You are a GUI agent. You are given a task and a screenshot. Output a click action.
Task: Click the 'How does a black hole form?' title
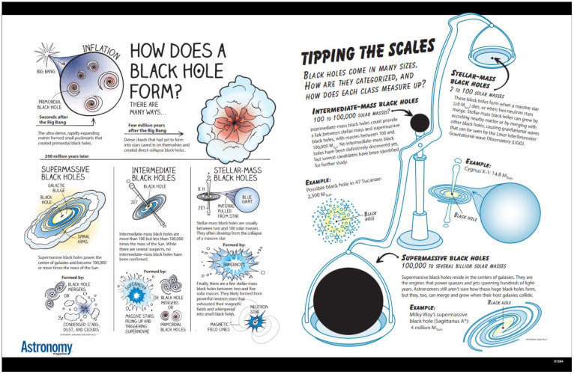point(178,71)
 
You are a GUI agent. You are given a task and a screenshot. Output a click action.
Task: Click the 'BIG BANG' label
point(46,71)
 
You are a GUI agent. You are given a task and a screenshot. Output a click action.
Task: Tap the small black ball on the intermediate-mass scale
point(420,123)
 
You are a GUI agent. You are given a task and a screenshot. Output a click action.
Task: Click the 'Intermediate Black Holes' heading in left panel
point(154,174)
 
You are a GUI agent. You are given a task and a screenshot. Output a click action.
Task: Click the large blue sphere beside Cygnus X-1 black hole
point(525,214)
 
